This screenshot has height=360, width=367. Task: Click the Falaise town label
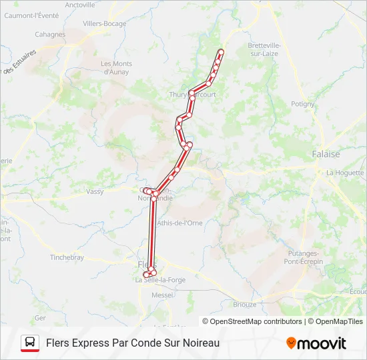point(326,154)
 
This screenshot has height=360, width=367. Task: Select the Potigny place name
point(302,104)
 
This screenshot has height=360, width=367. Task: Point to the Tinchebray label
point(67,257)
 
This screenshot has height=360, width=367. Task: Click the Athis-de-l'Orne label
point(179,223)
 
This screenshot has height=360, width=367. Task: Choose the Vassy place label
point(95,191)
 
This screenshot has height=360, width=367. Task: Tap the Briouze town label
point(244,304)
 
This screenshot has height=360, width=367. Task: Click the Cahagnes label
point(50,35)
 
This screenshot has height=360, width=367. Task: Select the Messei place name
point(162,294)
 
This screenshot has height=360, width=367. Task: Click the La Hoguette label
point(344,172)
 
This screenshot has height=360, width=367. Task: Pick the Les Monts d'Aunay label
point(116,67)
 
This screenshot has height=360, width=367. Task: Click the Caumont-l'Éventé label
point(31,15)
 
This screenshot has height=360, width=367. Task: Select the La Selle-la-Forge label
point(160,280)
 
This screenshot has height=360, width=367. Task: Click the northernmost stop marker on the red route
point(221,51)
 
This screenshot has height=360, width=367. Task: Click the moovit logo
point(316,343)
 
